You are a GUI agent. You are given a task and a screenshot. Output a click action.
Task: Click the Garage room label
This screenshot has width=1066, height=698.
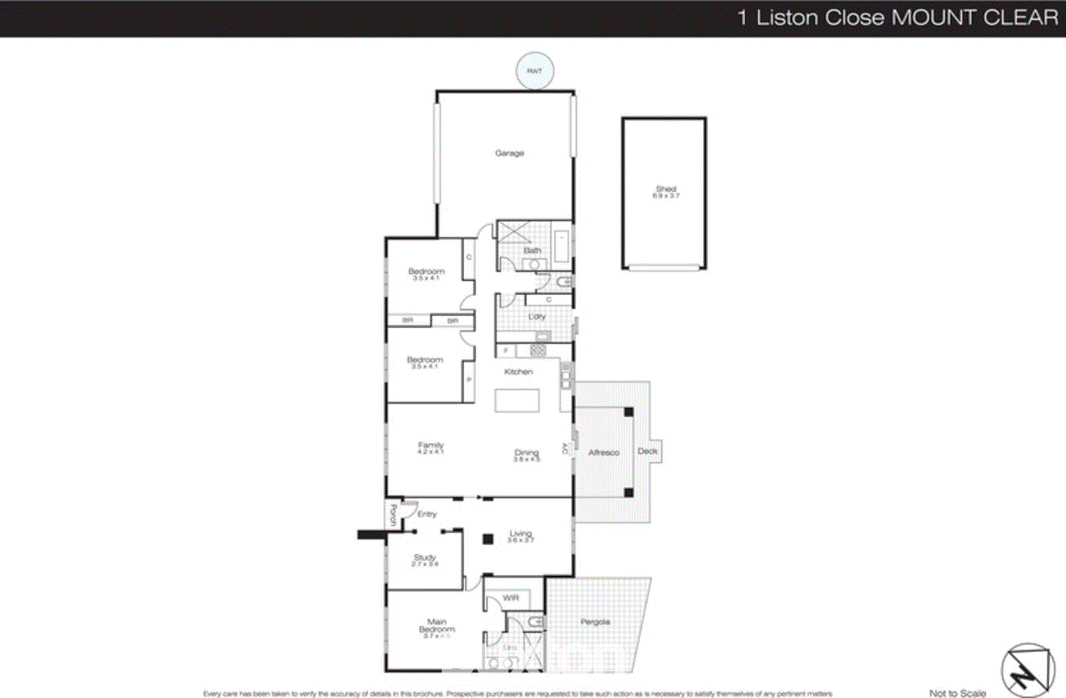point(510,153)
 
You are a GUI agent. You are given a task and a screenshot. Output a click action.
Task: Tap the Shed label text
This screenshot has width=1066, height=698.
point(666,189)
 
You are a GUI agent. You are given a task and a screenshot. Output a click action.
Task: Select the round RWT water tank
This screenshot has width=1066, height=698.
point(535,71)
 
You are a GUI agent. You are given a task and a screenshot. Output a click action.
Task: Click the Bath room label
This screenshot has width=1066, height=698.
point(532,250)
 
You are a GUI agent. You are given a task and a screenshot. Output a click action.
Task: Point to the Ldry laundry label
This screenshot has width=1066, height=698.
point(537,316)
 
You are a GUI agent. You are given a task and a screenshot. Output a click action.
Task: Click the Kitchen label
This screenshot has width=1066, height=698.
point(518,372)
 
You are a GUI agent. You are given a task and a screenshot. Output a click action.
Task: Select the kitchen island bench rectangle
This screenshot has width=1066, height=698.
point(517,401)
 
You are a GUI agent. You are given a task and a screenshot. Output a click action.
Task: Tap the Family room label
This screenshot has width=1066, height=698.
point(430,445)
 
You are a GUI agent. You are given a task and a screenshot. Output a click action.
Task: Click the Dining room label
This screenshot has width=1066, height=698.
point(526,452)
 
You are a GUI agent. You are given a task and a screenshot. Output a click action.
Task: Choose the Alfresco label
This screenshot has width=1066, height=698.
point(604,452)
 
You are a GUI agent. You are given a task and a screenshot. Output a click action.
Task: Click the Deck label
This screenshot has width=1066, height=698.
point(648,451)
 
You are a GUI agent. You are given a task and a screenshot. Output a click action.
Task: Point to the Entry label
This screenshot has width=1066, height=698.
point(427,514)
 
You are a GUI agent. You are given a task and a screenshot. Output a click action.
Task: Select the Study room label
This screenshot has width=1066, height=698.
point(424,557)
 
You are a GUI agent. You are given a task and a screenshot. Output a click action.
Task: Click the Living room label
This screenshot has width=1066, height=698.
point(520,533)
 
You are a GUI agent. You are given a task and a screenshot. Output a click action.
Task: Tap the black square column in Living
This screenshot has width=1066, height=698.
point(488,539)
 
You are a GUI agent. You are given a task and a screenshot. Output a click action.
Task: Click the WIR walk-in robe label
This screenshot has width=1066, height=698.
point(511,598)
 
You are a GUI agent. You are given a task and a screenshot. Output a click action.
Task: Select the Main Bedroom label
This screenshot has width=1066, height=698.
point(437,625)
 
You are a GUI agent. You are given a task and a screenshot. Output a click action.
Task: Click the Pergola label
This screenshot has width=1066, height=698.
point(595,622)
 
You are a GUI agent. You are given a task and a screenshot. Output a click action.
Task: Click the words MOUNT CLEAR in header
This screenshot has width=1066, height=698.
point(975,17)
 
